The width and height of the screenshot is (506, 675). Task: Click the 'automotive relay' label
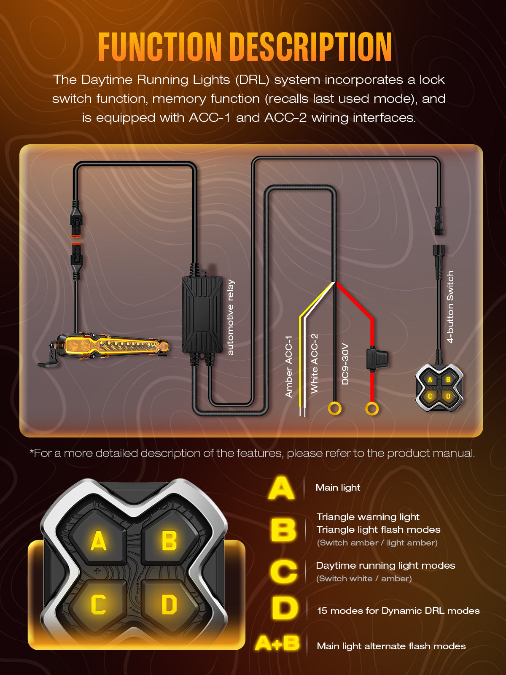coord(230,317)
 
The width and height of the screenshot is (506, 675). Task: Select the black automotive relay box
coord(202,314)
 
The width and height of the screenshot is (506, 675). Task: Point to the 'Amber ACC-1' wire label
coord(288,367)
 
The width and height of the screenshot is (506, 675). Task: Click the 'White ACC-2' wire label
coord(314,364)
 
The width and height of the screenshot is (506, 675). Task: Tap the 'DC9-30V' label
coord(345,364)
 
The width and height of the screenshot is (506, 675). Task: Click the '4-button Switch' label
coord(450,307)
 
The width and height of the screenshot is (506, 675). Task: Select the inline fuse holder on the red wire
coord(377,359)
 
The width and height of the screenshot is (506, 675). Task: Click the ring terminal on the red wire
coord(372,409)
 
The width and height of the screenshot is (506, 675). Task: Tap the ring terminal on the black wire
coord(334,409)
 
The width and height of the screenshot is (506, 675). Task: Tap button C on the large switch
coord(99,604)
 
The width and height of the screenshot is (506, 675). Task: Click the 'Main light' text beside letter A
coord(338,487)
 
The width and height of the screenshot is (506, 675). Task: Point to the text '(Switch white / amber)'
coord(364,578)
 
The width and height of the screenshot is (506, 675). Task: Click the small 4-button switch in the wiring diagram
coord(439,387)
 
